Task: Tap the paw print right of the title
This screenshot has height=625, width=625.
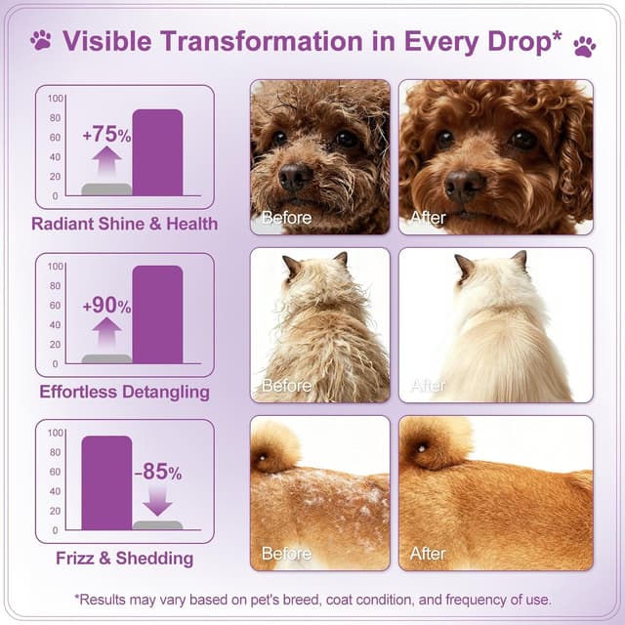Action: point(584,45)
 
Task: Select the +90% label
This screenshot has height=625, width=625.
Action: point(105,306)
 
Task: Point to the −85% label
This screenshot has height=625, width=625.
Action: point(157,473)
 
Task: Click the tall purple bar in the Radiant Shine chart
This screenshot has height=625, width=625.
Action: point(157,152)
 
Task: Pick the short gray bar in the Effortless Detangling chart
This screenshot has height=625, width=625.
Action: point(106,358)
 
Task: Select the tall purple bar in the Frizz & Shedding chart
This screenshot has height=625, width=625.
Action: point(106,482)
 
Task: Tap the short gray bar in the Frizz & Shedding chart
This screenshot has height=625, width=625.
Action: point(157,524)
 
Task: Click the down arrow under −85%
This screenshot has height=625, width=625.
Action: point(157,500)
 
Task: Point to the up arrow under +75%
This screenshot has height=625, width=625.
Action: point(106,162)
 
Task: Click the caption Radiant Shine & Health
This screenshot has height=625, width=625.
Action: point(124,224)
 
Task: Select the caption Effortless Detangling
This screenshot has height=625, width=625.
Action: point(124,392)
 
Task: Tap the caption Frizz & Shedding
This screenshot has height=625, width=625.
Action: point(124,559)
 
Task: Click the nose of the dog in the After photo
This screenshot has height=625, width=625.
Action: point(464,183)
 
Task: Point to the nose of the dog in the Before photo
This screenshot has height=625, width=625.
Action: point(295,176)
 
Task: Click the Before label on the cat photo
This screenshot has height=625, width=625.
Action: point(286,385)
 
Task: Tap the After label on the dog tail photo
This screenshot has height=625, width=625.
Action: point(428,554)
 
